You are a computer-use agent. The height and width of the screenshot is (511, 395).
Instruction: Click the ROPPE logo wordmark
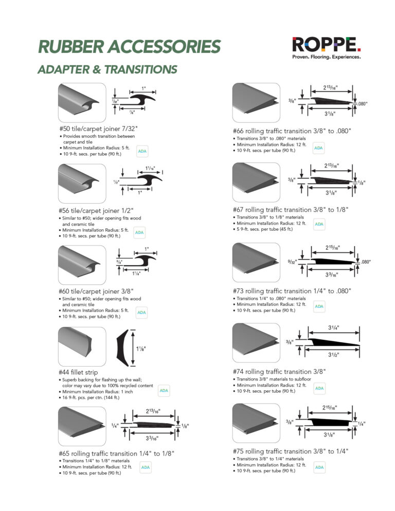tap(327, 44)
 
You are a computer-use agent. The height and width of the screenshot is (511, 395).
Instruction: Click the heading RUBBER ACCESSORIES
tap(129, 47)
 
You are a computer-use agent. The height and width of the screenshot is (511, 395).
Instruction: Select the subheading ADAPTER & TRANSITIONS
tap(107, 69)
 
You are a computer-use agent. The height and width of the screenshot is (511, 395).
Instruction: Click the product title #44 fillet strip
tap(79, 372)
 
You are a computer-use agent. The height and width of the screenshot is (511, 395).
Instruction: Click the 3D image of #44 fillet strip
tap(82, 346)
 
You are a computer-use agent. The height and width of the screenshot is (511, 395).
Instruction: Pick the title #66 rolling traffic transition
tap(292, 131)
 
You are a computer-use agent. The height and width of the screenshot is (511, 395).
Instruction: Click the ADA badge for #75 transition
tap(319, 467)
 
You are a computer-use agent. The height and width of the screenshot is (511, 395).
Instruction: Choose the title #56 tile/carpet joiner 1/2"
tap(96, 210)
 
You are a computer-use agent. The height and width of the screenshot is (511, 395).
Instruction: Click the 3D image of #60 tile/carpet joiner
tap(82, 264)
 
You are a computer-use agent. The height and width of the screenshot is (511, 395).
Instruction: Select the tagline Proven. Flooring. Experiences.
tap(326, 57)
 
